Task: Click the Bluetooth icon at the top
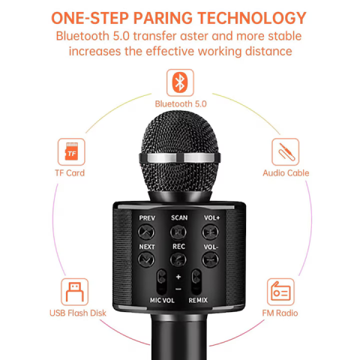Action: coord(180,82)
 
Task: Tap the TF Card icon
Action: coord(71,151)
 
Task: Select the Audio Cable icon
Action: coord(286,151)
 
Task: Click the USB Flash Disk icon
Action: coord(74,292)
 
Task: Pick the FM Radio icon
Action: coord(280,292)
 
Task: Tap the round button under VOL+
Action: coord(210,232)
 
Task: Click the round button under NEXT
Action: coord(146,259)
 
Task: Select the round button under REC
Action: coord(178,259)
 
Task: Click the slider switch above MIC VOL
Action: coord(162,282)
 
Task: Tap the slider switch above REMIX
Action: coord(196,282)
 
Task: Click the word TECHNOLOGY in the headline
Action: coord(252,18)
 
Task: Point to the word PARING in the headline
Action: coord(163,18)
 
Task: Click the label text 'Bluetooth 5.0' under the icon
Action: coord(181,103)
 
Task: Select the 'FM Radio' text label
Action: coord(280,313)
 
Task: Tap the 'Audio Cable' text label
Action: coord(286,172)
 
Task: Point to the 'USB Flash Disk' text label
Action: coord(78,313)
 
